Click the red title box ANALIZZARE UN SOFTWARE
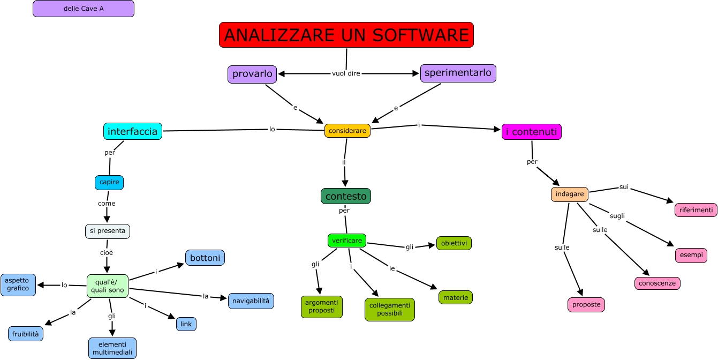tap(346, 35)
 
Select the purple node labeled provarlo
tap(252, 74)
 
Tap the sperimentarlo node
tap(458, 73)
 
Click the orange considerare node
tap(347, 131)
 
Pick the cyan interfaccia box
tap(133, 131)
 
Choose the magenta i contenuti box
tap(531, 132)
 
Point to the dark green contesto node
tap(346, 196)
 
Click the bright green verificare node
tap(347, 241)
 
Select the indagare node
tap(570, 194)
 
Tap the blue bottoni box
tap(205, 258)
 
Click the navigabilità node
tap(251, 301)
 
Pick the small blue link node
tap(186, 324)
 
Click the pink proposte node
tap(586, 305)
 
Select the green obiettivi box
tap(454, 243)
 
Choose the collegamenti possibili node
tap(390, 310)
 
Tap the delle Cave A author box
tap(84, 9)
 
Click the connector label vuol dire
tap(346, 73)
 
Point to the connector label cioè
tap(107, 252)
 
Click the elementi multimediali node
tap(112, 348)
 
